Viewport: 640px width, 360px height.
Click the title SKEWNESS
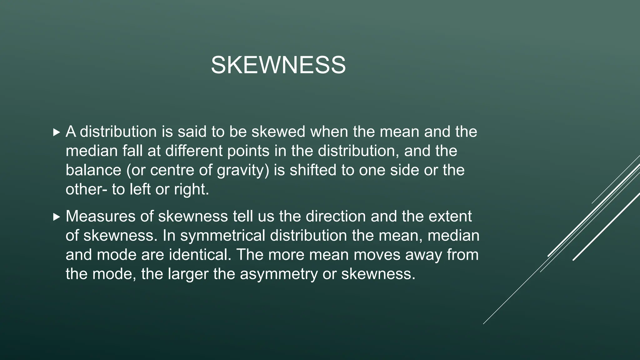tap(278, 65)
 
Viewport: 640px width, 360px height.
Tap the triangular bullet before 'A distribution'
tap(56, 132)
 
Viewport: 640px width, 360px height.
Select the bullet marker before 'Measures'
tap(56, 217)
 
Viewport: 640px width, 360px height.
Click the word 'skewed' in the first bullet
tap(278, 132)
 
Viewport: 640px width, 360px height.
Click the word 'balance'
tap(93, 170)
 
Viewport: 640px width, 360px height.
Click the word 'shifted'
tap(312, 170)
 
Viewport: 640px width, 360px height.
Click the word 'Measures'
tap(106, 216)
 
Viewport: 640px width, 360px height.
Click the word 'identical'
tap(200, 255)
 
